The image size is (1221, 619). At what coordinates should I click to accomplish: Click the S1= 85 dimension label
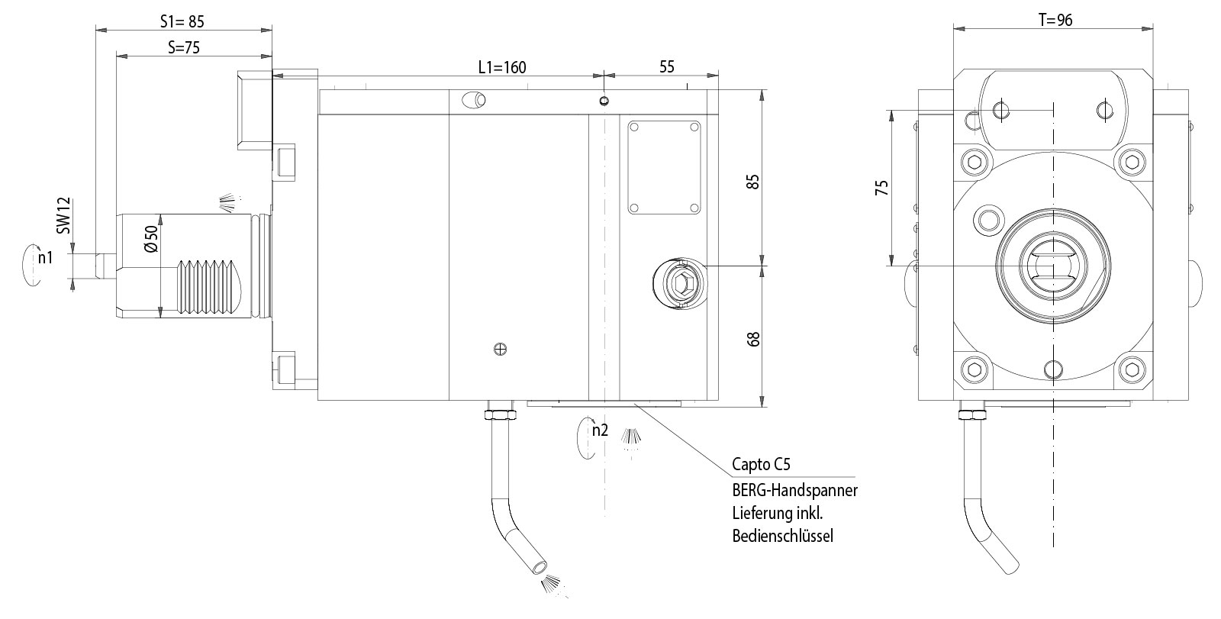[x=182, y=21]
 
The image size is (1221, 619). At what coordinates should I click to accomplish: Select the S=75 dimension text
[x=183, y=47]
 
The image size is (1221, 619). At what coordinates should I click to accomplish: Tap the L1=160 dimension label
[x=501, y=67]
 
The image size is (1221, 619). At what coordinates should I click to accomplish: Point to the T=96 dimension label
[x=1055, y=21]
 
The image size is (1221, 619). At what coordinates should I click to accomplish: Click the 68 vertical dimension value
[x=754, y=338]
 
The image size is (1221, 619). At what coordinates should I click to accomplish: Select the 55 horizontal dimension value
[x=666, y=67]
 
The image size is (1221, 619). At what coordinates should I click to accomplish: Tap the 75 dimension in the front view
[x=881, y=188]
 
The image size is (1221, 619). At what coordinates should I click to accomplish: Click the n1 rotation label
[x=46, y=258]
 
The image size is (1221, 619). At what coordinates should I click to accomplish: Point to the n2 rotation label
[x=601, y=430]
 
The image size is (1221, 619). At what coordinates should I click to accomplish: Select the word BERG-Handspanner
[x=794, y=490]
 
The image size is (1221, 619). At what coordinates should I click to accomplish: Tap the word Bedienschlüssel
[x=783, y=536]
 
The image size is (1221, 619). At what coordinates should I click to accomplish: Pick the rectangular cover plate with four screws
[x=664, y=168]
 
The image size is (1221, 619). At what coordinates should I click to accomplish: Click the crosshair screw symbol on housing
[x=500, y=350]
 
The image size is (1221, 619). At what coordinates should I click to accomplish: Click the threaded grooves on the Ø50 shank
[x=205, y=287]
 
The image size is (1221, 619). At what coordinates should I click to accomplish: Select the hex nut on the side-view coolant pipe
[x=499, y=414]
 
